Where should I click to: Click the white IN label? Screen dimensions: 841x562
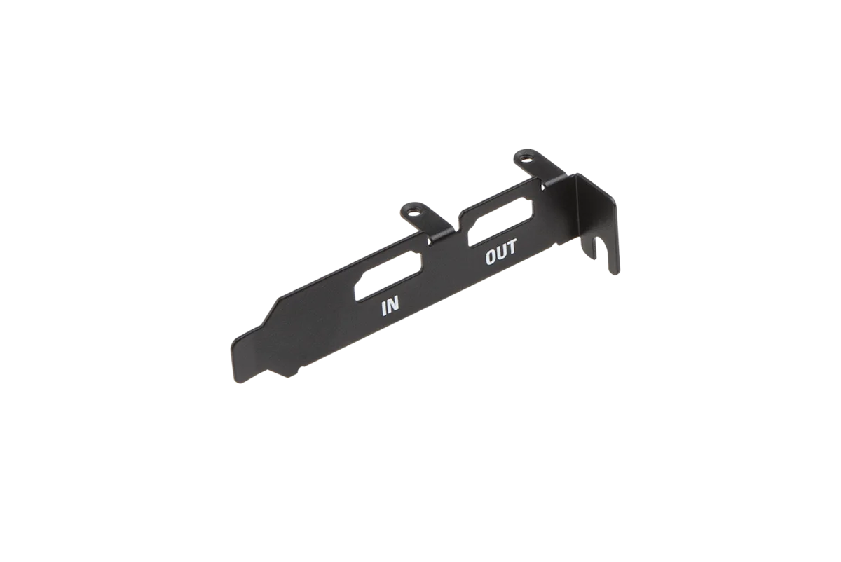[390, 308]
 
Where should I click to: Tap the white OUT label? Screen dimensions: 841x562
[501, 252]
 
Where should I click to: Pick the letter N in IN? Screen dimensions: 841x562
[392, 306]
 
